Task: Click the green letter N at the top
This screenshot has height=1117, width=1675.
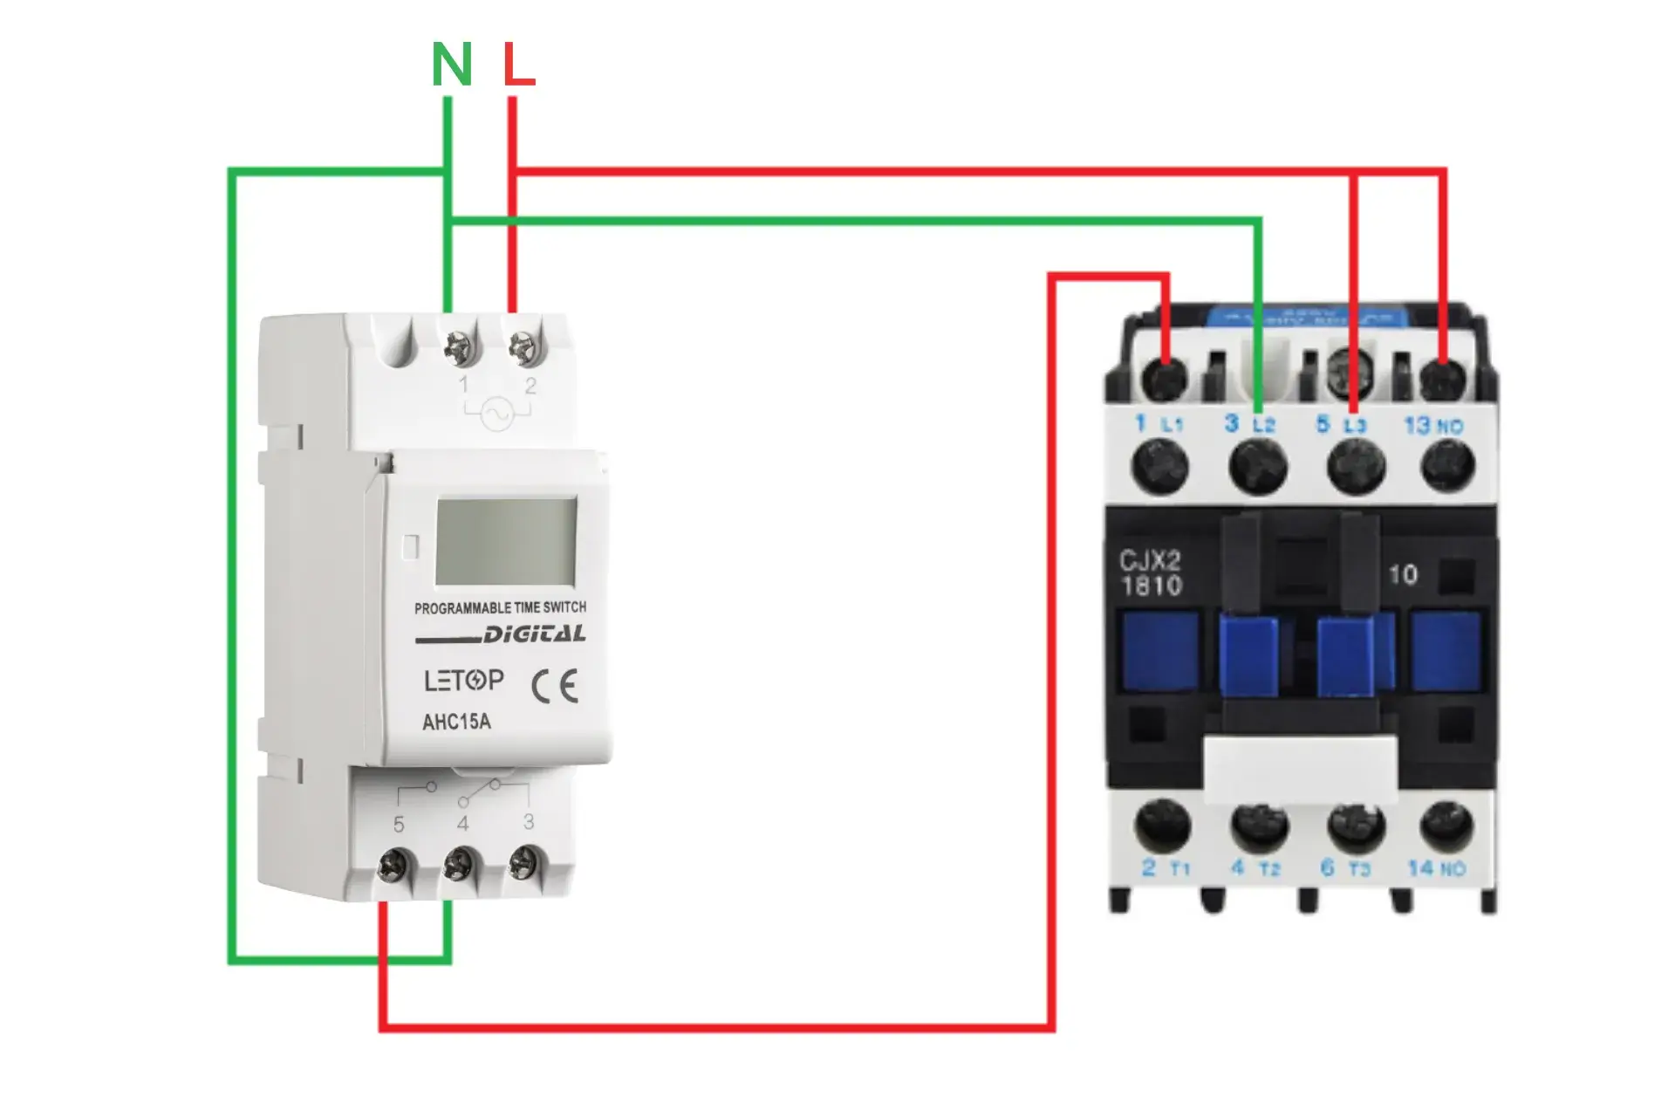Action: click(x=452, y=65)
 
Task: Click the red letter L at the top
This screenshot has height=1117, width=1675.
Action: click(x=518, y=65)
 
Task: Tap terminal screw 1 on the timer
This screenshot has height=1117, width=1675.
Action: click(x=460, y=348)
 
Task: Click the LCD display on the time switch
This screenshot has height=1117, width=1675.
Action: click(x=506, y=542)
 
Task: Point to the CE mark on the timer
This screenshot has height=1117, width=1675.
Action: click(x=555, y=687)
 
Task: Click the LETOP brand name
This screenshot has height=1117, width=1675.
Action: click(x=463, y=681)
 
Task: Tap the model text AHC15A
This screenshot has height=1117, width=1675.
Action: click(x=456, y=723)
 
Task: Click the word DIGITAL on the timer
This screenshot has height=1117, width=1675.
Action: click(x=534, y=634)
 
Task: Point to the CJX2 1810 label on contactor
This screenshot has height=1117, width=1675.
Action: click(x=1151, y=572)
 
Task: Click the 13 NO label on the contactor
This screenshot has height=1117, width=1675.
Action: click(x=1432, y=426)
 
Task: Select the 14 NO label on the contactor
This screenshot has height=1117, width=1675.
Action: click(x=1436, y=868)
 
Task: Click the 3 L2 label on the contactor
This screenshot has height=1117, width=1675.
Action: click(x=1249, y=424)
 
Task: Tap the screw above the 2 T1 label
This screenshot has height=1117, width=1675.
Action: click(x=1162, y=825)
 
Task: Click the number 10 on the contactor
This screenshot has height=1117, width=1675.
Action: click(x=1403, y=574)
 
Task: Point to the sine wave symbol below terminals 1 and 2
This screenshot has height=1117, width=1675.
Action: click(x=497, y=414)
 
